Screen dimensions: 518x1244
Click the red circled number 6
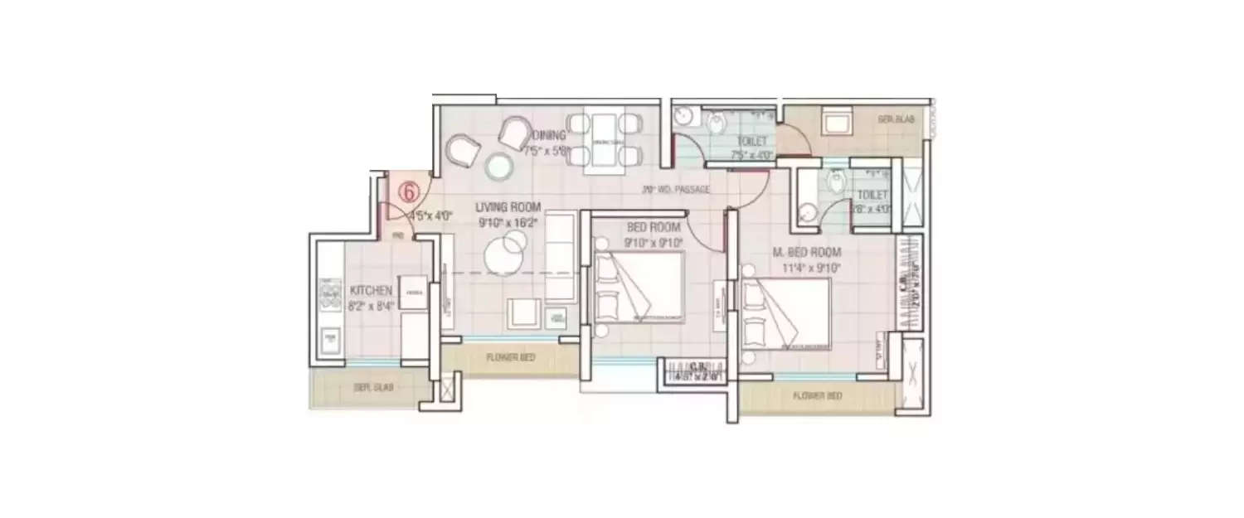pos(409,191)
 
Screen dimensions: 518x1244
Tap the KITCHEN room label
pos(371,291)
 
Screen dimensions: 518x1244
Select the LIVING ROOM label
pos(508,207)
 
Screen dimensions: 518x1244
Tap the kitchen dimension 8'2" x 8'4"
pos(371,305)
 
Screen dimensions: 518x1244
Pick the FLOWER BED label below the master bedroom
pos(817,396)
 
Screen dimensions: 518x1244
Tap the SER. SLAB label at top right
pos(897,119)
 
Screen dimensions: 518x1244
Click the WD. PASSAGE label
pos(677,190)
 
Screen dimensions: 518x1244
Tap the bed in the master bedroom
pos(785,312)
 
